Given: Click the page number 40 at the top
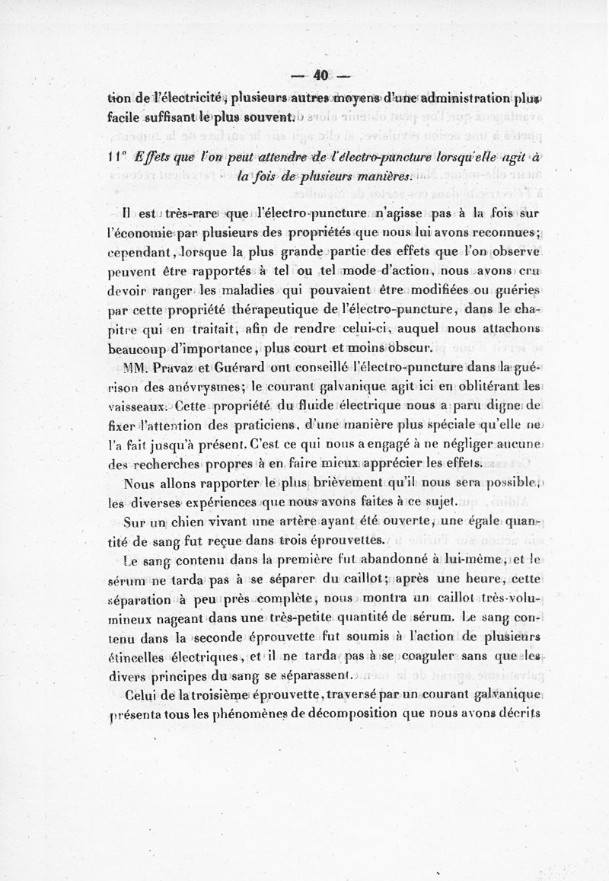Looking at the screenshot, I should coord(319,75).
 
